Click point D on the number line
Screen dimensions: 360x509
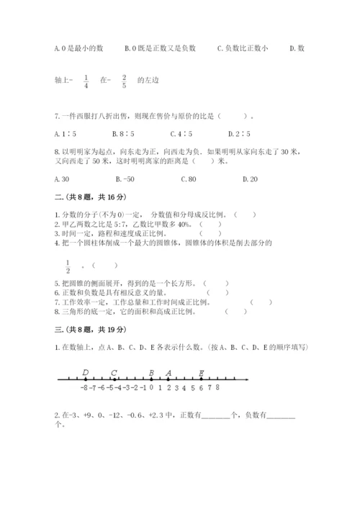point(86,379)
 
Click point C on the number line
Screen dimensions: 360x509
point(114,379)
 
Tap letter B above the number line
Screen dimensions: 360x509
point(151,372)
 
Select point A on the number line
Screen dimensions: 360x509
point(168,379)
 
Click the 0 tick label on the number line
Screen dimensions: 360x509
point(151,387)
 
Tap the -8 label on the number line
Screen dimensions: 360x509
point(86,387)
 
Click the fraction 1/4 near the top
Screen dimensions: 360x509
point(86,81)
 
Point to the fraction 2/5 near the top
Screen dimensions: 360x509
point(124,81)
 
